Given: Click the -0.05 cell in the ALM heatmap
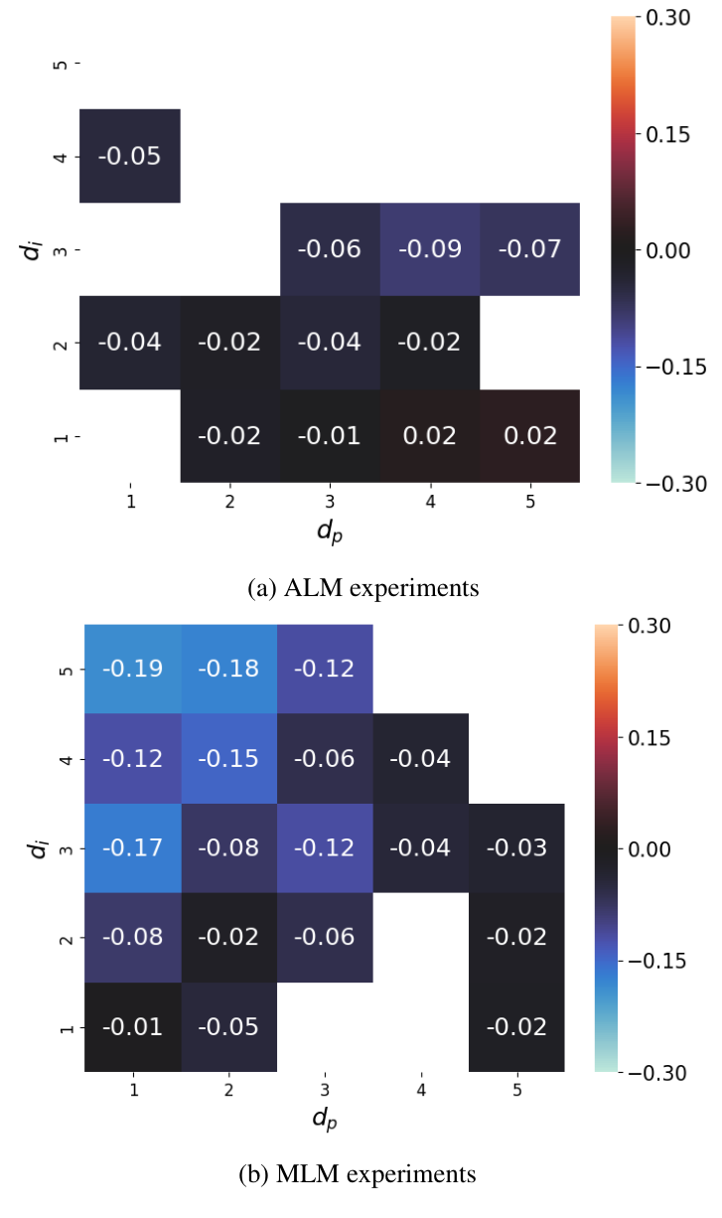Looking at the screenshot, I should (130, 156).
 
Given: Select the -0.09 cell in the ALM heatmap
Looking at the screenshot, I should (429, 249).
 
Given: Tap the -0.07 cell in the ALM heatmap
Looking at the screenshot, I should (529, 249).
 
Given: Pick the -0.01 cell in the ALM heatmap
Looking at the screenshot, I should (330, 436).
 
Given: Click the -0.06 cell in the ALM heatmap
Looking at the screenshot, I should (330, 249).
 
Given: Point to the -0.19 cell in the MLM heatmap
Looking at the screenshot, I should (133, 669).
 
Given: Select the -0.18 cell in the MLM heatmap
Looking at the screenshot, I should (228, 669).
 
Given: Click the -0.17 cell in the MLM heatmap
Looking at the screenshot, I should (133, 848).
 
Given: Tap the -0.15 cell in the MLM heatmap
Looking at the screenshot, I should (228, 759).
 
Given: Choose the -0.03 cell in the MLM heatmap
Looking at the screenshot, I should (516, 848).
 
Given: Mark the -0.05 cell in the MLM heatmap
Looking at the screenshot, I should (228, 1027).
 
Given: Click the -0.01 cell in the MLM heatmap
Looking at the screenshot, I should (133, 1027).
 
